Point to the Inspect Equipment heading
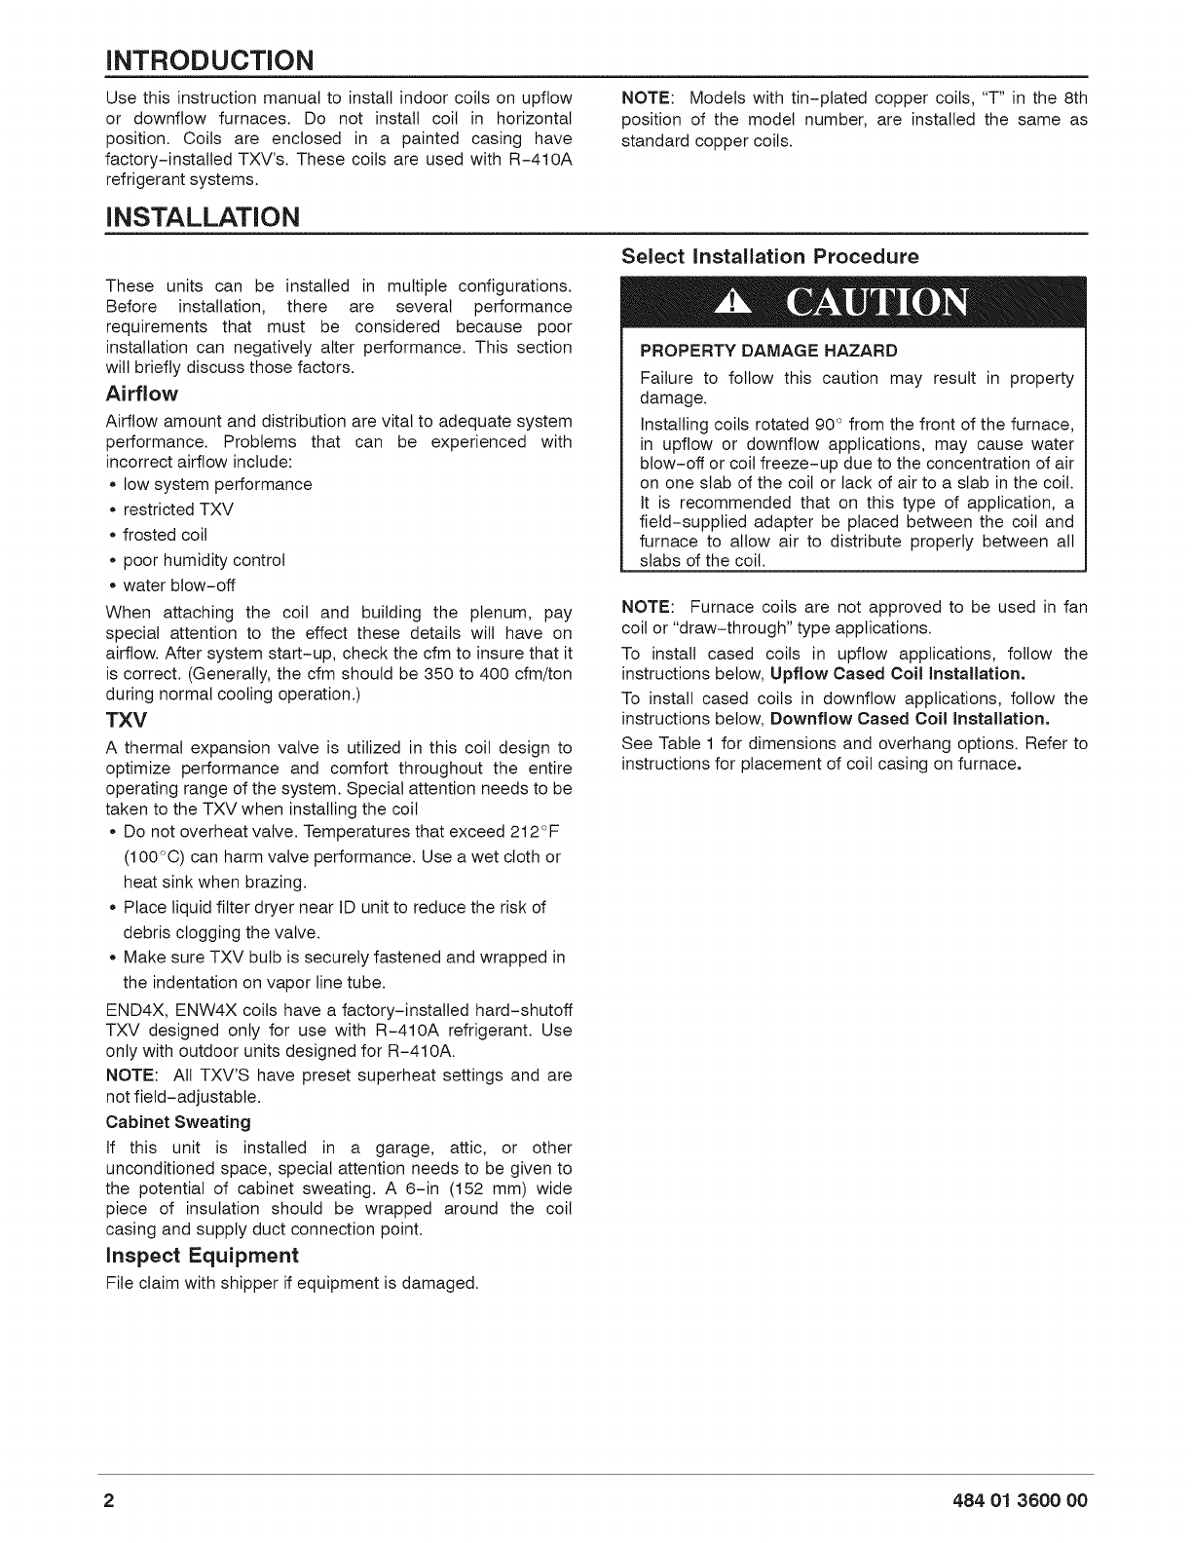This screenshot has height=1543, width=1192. coord(202,1254)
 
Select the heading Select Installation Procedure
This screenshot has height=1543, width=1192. coord(770,258)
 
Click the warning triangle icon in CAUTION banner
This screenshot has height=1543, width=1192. coord(728,305)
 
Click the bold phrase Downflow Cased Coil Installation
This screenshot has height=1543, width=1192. coord(910,719)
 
